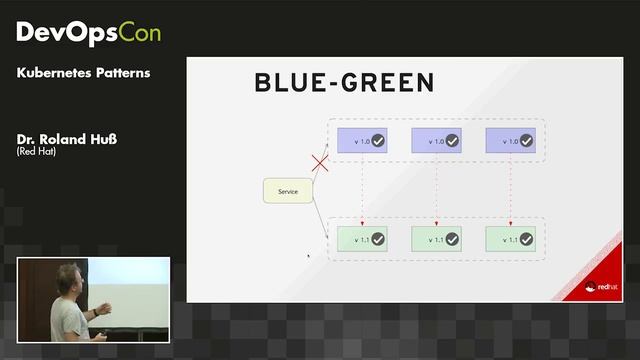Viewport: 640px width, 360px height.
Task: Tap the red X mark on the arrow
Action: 320,163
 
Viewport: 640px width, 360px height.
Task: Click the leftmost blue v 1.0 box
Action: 361,141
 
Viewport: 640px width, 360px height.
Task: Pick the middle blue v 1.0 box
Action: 435,141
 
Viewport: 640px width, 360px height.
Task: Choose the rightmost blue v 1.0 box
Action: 510,141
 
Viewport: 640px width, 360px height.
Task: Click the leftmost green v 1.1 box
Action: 361,239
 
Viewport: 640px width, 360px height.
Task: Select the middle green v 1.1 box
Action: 435,239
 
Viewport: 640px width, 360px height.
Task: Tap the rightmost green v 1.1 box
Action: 510,239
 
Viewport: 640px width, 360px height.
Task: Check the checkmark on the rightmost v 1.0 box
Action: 526,141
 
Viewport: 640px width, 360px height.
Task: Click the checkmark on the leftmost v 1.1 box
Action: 378,239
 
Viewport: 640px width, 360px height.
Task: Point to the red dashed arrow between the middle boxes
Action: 436,190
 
